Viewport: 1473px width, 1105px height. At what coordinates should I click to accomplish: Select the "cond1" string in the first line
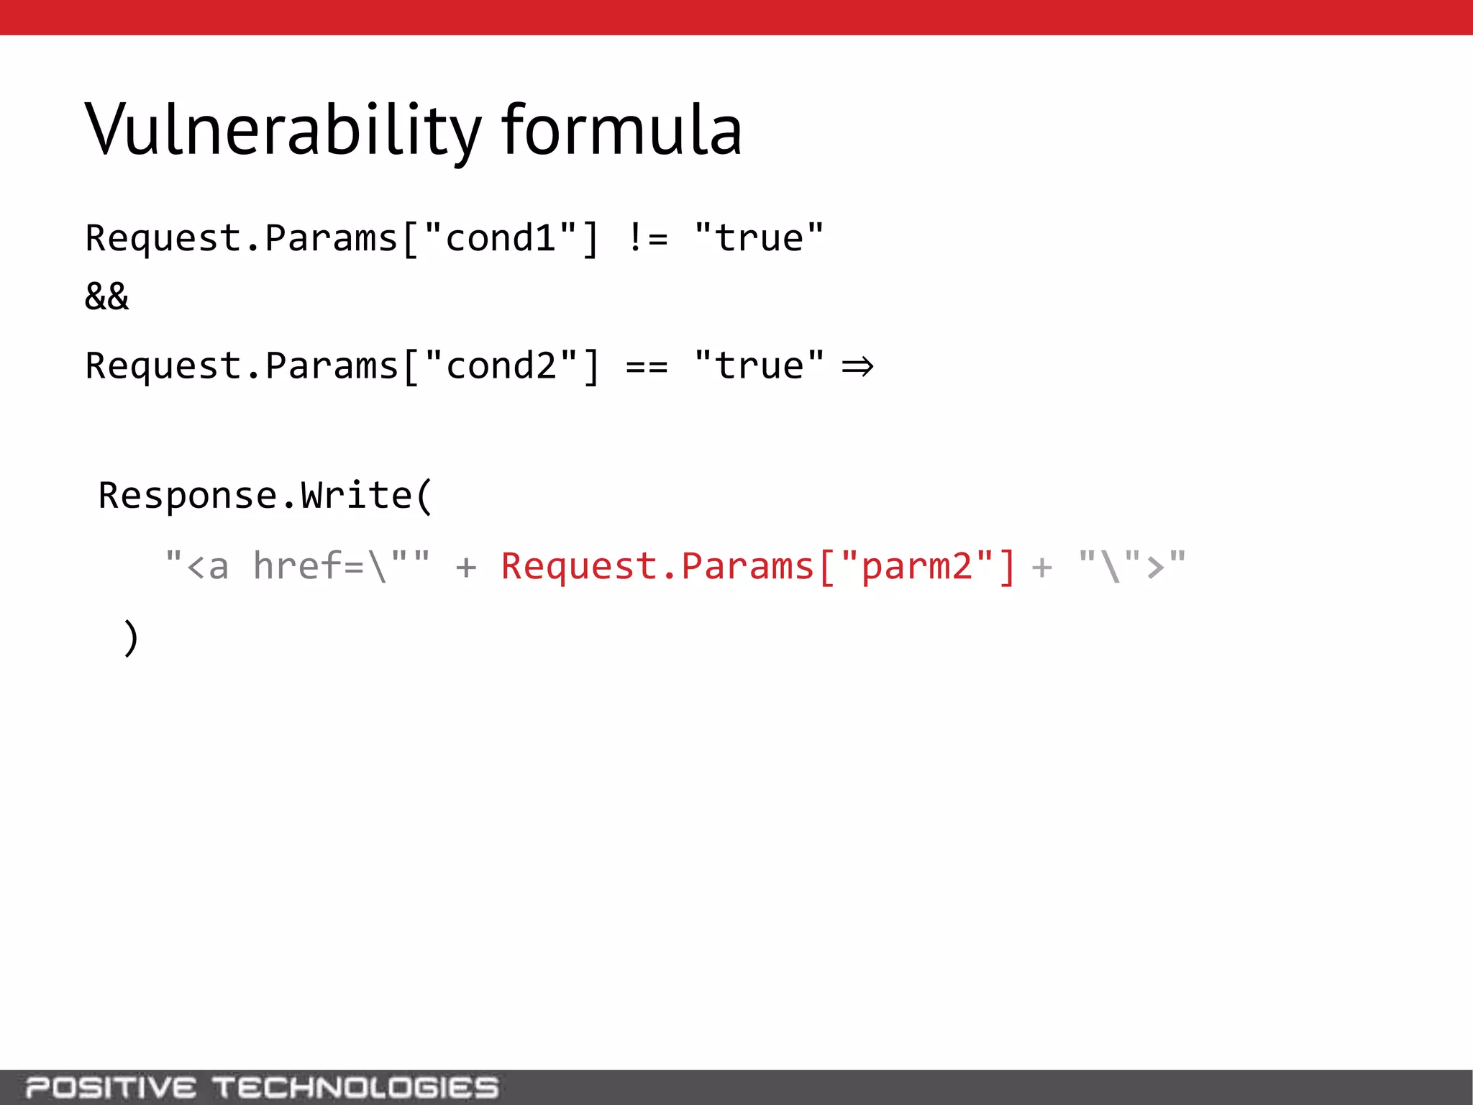tap(501, 238)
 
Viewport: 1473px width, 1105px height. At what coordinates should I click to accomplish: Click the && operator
tap(106, 296)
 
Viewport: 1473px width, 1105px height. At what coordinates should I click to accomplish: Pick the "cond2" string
tap(501, 366)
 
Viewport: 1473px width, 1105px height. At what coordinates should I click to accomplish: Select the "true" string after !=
tap(759, 238)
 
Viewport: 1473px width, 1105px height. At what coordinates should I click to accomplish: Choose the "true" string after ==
tap(759, 366)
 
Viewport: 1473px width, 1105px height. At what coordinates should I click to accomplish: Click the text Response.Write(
tap(265, 496)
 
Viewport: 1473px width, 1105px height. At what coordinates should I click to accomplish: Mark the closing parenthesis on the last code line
tap(130, 637)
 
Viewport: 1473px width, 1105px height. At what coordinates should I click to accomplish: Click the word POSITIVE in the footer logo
tap(111, 1087)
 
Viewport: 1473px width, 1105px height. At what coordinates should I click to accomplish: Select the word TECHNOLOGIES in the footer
tap(355, 1087)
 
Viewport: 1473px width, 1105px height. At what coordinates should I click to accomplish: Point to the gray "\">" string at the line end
tap(1132, 566)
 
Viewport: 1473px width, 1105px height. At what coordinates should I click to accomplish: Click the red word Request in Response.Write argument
tap(579, 566)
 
